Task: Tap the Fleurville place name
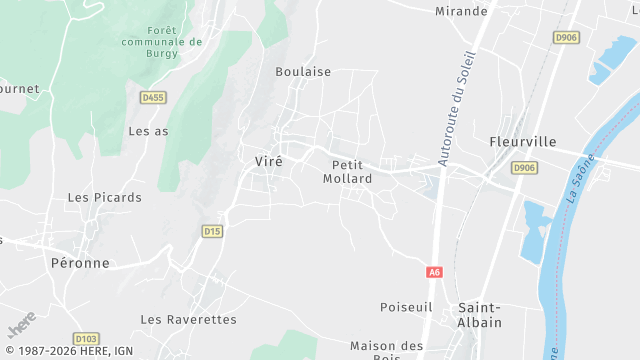[x=522, y=142]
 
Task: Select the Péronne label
[x=79, y=263]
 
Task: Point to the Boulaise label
[x=303, y=72]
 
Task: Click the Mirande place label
[x=461, y=11]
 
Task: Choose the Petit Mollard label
[x=348, y=172]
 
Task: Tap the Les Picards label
[x=104, y=198]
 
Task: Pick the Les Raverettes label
[x=188, y=319]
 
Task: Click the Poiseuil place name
[x=405, y=306]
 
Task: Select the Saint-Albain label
[x=480, y=314]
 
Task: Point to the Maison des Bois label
[x=387, y=351]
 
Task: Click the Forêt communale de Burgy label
[x=161, y=42]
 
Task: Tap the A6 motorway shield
[x=434, y=272]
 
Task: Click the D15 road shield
[x=211, y=231]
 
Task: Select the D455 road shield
[x=152, y=97]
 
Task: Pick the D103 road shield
[x=86, y=339]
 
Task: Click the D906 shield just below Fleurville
[x=523, y=168]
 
